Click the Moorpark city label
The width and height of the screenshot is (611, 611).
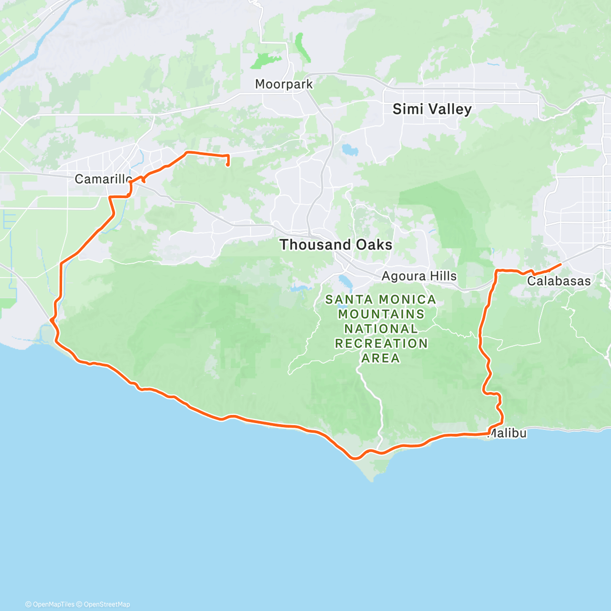click(284, 84)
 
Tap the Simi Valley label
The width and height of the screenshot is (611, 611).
click(432, 109)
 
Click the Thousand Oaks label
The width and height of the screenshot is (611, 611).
click(336, 245)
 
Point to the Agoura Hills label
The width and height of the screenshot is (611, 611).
click(419, 276)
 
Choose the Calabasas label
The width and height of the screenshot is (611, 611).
click(559, 281)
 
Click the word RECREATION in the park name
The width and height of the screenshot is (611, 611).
click(381, 344)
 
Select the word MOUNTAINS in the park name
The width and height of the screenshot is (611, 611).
click(381, 314)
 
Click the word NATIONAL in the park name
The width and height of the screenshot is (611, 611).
click(381, 329)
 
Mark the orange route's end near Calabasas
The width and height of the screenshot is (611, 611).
click(561, 264)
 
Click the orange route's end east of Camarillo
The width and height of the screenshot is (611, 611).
click(227, 164)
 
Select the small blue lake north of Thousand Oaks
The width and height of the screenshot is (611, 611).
click(349, 150)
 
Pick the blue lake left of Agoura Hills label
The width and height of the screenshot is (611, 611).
click(344, 282)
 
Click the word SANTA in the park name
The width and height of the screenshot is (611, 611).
click(347, 299)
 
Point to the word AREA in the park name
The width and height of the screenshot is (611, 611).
click(381, 358)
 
